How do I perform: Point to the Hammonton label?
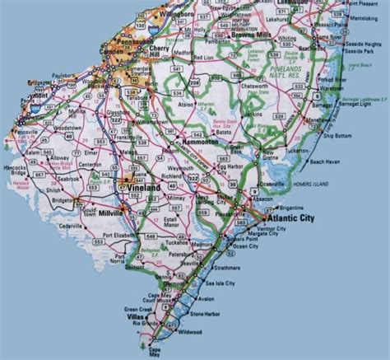coord(195,143)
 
